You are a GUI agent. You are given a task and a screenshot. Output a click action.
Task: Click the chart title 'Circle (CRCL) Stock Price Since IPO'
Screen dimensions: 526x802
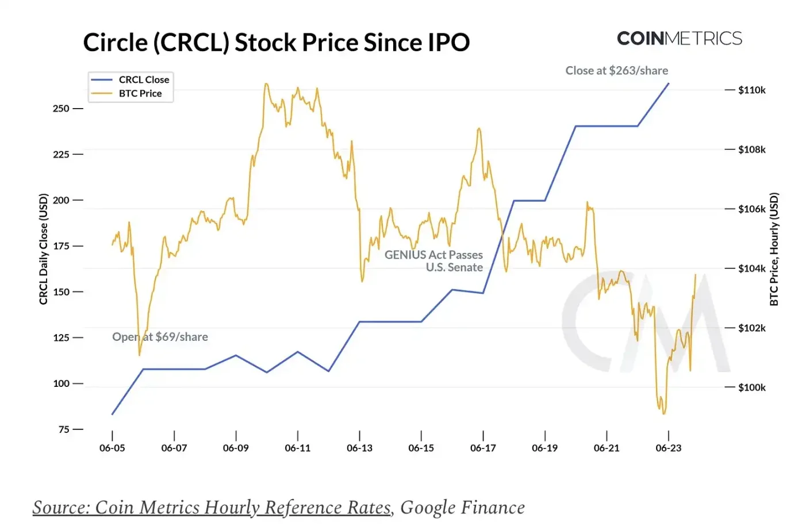[276, 43]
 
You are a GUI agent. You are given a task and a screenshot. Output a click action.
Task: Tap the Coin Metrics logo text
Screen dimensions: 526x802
[679, 39]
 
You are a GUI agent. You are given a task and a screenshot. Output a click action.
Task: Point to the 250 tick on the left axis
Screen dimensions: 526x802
[61, 108]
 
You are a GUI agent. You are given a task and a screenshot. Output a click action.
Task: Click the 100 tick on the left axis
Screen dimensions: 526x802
[61, 383]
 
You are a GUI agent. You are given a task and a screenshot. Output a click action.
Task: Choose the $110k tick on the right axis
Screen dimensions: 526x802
[751, 90]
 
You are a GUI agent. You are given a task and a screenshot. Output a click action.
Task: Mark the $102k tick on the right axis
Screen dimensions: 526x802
[751, 328]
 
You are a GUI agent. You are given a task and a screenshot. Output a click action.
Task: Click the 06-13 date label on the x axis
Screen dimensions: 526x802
[359, 448]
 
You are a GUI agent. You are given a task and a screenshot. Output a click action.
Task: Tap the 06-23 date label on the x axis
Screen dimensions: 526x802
[668, 448]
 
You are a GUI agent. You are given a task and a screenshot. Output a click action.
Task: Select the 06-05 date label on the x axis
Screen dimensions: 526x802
[112, 448]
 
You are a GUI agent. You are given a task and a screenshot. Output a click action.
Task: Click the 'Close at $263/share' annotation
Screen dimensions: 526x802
[616, 70]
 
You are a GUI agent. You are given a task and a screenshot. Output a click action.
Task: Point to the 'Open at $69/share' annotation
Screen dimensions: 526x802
[160, 337]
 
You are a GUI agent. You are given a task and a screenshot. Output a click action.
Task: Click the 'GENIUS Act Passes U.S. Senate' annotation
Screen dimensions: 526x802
[434, 261]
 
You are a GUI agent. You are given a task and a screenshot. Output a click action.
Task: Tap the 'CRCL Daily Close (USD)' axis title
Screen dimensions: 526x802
[43, 249]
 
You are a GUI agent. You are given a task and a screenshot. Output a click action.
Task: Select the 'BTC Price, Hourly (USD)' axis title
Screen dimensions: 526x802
[774, 249]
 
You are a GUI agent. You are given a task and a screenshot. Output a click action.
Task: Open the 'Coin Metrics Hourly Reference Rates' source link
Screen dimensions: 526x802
[212, 507]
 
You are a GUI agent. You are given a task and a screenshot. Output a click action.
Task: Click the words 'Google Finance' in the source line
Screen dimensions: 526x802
[462, 507]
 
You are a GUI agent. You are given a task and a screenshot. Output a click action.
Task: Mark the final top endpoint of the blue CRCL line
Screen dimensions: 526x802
[669, 83]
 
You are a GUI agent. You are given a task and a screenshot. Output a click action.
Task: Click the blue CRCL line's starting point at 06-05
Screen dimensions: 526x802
[112, 414]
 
